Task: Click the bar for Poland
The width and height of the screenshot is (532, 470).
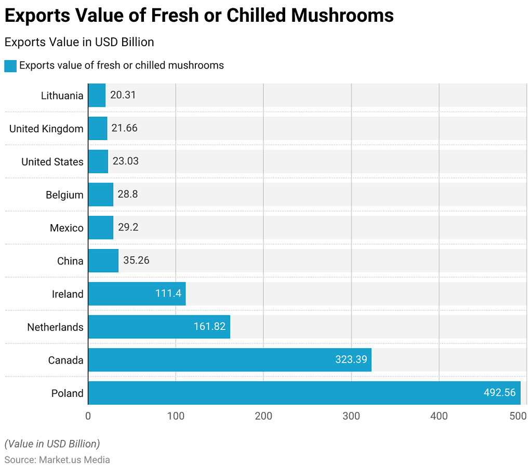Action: point(304,393)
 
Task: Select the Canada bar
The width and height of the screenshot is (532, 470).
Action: point(230,360)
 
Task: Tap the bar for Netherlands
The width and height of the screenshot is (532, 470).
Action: point(159,327)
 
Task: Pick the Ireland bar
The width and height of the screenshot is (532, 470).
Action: point(137,294)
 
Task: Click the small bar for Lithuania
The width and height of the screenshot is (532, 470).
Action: point(97,95)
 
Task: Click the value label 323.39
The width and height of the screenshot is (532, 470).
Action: point(351,360)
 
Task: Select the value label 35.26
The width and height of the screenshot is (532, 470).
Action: point(136,260)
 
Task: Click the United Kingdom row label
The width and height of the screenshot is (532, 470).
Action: point(46,129)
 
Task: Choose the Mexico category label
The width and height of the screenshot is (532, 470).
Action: point(66,228)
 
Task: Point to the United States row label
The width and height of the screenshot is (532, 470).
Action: point(52,162)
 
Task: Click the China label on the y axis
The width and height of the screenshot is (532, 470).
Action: point(70,261)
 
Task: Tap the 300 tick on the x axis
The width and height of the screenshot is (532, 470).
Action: point(351,416)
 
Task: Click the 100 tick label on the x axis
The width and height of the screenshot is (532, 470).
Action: point(176,416)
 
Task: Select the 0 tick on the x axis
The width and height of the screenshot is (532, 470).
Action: point(88,416)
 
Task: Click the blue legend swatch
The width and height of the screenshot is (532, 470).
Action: point(10,66)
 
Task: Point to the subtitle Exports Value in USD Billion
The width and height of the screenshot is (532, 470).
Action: point(79,42)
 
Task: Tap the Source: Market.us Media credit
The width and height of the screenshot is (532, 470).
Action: point(57,460)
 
